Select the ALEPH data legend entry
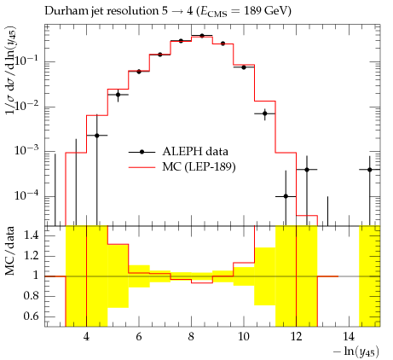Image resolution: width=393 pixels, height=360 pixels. [178, 152]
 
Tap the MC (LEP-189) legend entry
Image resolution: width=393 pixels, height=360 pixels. [182, 167]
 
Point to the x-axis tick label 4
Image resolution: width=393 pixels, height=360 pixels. [86, 337]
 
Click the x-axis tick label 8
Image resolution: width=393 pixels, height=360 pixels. [191, 337]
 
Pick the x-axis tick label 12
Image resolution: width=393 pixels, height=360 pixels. [296, 337]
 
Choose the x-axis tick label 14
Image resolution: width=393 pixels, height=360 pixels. [349, 337]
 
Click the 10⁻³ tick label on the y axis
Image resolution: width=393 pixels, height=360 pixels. [27, 150]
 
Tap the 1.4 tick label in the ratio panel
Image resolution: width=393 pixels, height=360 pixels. [31, 235]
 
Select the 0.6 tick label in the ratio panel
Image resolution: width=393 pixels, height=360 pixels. [31, 316]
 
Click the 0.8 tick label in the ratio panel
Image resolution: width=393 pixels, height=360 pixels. [31, 296]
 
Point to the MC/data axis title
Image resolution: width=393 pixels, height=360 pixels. [10, 251]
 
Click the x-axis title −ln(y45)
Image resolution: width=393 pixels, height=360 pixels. [356, 352]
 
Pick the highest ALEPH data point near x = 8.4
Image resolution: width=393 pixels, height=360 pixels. [202, 36]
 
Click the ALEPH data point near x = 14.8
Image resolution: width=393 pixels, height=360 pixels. [369, 170]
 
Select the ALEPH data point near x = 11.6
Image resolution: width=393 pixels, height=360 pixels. [286, 196]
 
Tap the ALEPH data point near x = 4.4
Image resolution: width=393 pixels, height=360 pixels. [97, 136]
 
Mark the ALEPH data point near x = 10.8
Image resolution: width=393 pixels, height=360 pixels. [265, 113]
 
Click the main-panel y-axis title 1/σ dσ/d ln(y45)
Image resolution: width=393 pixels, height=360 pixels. [11, 71]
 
